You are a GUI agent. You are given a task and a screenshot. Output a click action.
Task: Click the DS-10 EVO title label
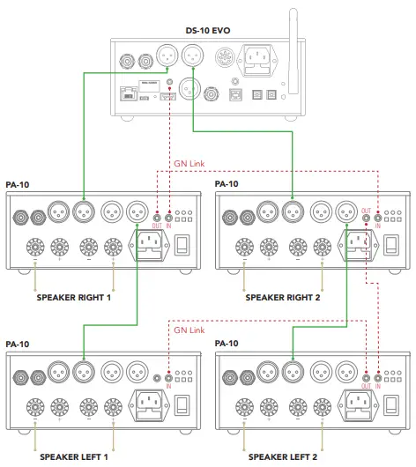[x=209, y=29]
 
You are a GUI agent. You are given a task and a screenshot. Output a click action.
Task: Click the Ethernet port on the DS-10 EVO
[x=130, y=91]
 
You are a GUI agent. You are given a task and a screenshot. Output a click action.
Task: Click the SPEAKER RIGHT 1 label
[x=73, y=298]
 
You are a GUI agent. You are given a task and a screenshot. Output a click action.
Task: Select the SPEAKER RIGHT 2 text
[x=282, y=298]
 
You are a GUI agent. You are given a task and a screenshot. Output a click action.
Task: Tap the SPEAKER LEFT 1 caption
[x=73, y=456]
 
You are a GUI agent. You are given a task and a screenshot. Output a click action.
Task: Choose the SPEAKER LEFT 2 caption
[x=282, y=456]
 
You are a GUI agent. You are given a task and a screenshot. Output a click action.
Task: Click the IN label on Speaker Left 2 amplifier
[x=379, y=386]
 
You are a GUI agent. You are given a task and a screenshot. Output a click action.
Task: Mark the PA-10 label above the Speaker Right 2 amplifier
[x=227, y=184]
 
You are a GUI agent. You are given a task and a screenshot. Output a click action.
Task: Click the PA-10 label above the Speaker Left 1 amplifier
[x=18, y=344]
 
